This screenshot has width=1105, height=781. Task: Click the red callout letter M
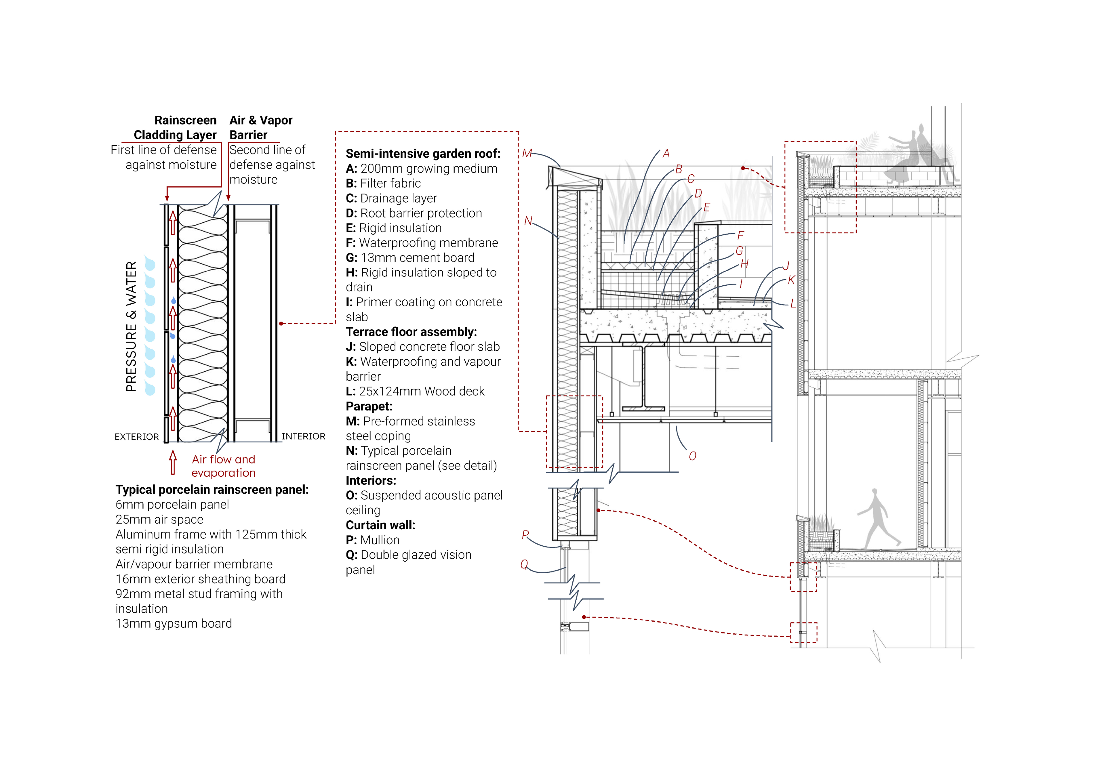pyautogui.click(x=527, y=154)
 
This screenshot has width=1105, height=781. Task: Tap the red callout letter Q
pyautogui.click(x=524, y=564)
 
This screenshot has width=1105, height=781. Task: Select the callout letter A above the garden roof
pyautogui.click(x=666, y=154)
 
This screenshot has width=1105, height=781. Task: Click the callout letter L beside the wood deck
pyautogui.click(x=793, y=304)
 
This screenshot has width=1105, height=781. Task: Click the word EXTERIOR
pyautogui.click(x=137, y=437)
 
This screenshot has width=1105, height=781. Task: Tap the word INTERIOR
pyautogui.click(x=303, y=436)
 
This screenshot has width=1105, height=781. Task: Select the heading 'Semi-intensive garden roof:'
pyautogui.click(x=423, y=154)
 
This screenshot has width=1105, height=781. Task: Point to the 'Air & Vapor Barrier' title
pyautogui.click(x=260, y=127)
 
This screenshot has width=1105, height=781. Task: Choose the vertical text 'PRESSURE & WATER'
pyautogui.click(x=131, y=326)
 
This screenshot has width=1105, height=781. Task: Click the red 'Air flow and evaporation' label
pyautogui.click(x=223, y=466)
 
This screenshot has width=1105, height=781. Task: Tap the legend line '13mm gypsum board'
pyautogui.click(x=174, y=624)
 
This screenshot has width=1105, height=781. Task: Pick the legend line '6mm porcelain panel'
pyautogui.click(x=172, y=505)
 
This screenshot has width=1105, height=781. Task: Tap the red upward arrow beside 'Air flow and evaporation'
pyautogui.click(x=173, y=463)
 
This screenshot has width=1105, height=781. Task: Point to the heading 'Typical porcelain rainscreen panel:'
pyautogui.click(x=212, y=490)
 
